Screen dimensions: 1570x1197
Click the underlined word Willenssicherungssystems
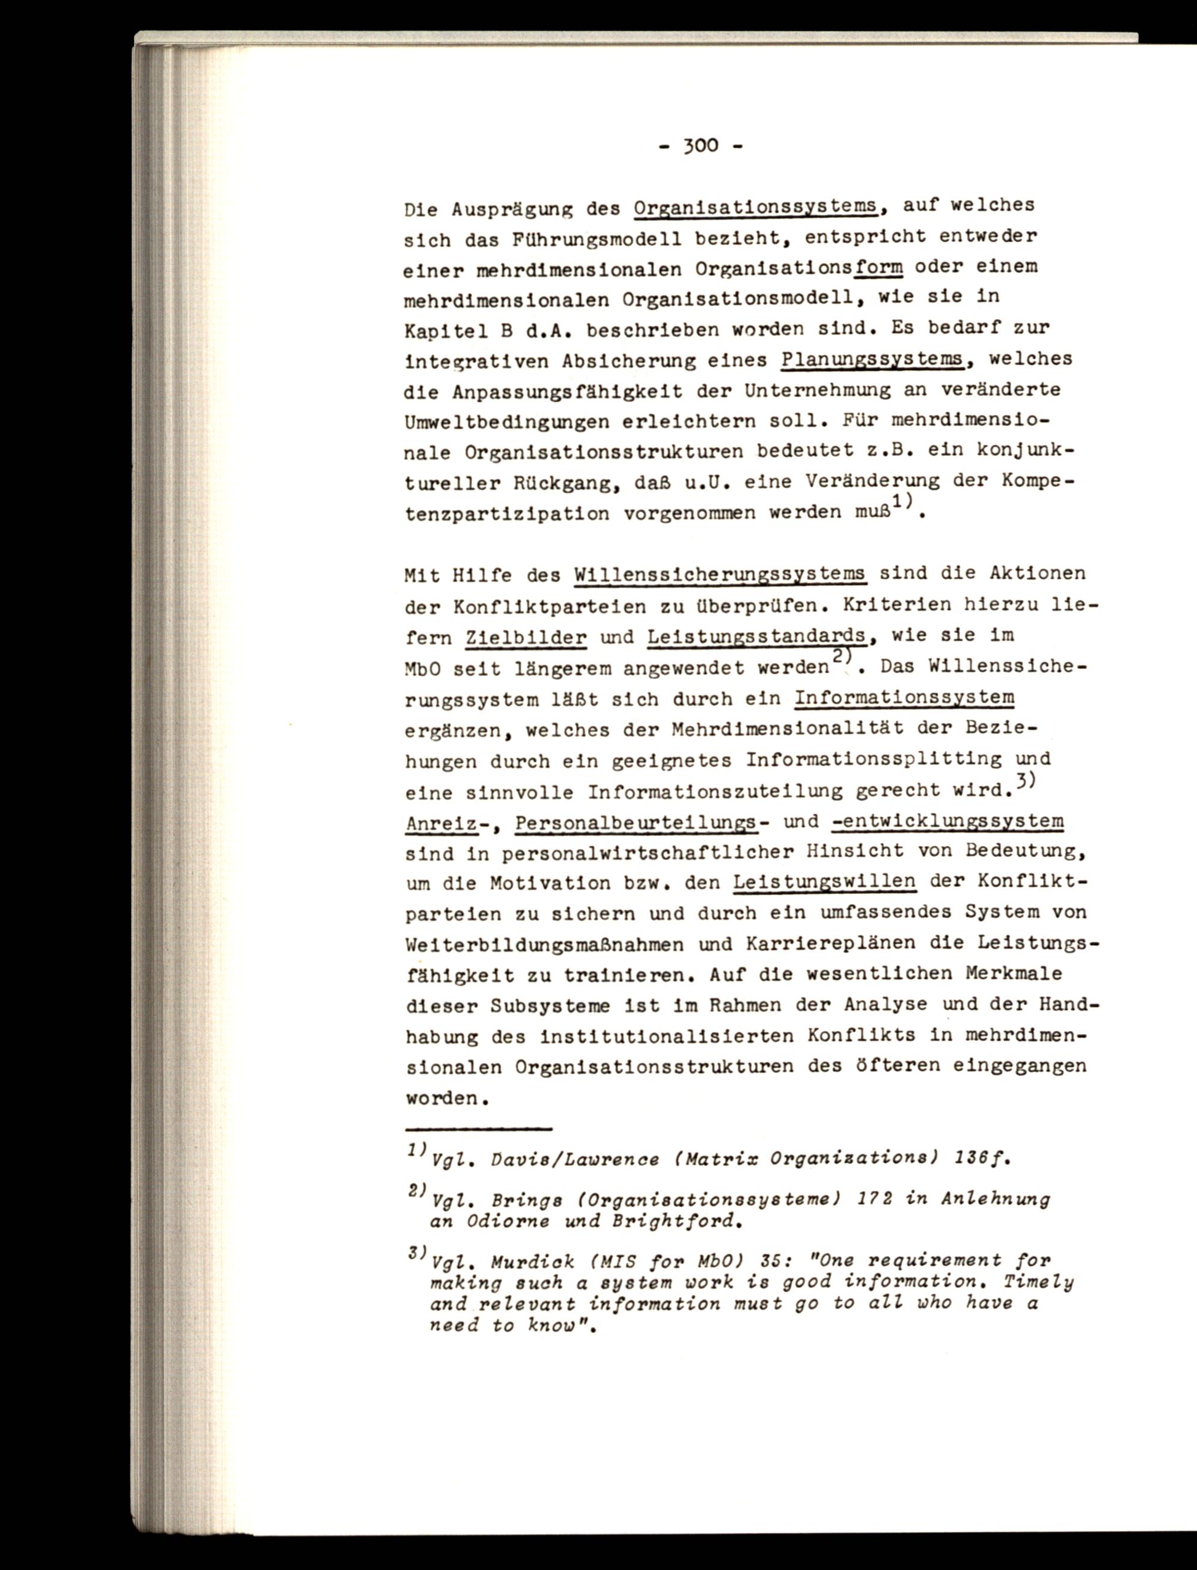(719, 574)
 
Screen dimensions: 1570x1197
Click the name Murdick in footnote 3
(533, 1262)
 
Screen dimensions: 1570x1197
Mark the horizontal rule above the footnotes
(479, 1129)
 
